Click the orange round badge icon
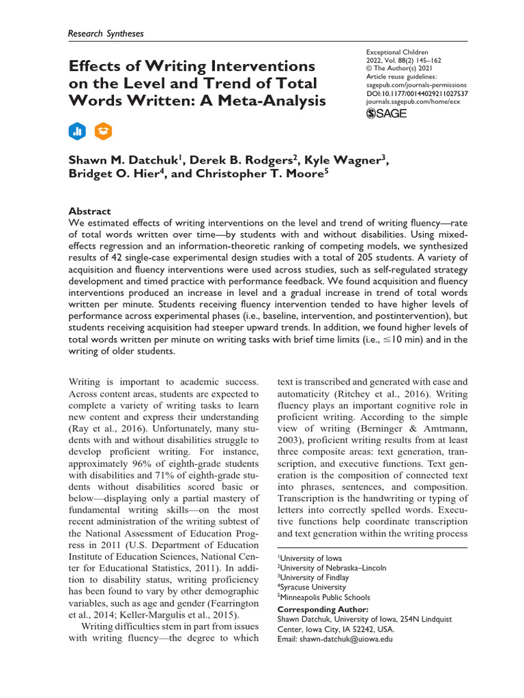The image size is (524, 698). tap(103, 131)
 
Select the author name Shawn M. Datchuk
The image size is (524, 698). tap(126, 160)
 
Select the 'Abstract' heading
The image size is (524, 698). tap(90, 211)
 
